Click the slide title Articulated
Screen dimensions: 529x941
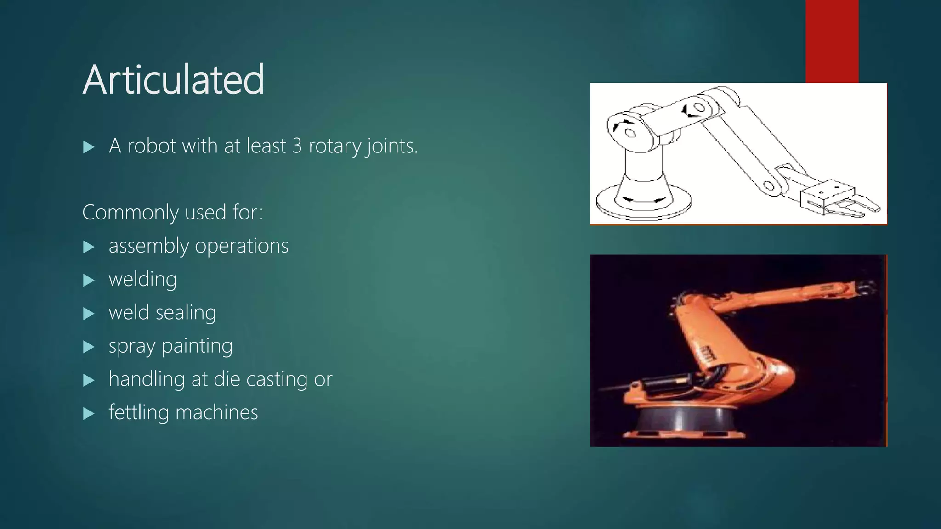(173, 80)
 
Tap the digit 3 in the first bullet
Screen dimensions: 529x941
(297, 146)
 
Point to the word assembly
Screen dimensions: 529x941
(148, 247)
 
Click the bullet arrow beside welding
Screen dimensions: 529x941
(89, 280)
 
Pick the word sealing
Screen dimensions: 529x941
(186, 313)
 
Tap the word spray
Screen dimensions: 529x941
(132, 347)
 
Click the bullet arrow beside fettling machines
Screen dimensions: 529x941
(89, 414)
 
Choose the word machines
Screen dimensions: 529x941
(216, 413)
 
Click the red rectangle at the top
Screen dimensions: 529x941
(832, 41)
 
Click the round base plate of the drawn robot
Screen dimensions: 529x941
(643, 204)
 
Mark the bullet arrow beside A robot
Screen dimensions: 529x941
(89, 147)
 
